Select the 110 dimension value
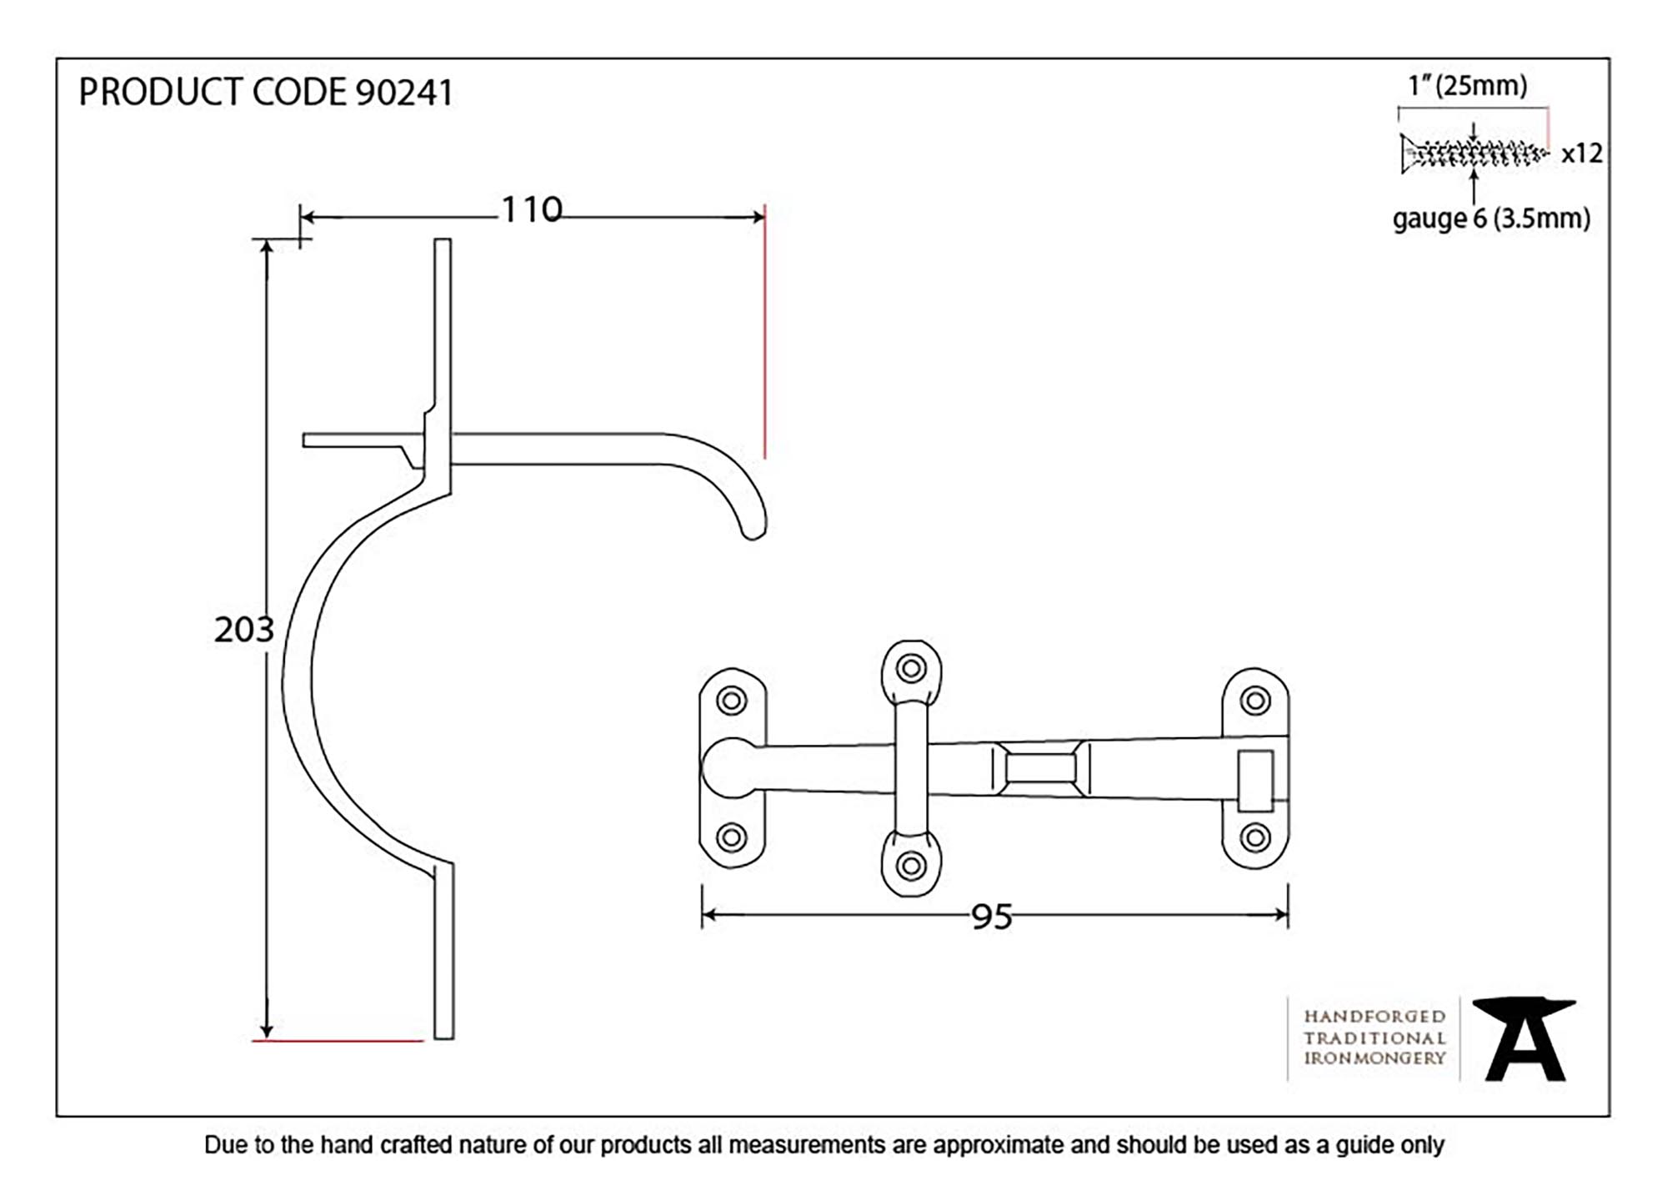pyautogui.click(x=531, y=210)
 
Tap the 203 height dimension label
pyautogui.click(x=243, y=630)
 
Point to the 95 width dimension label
pyautogui.click(x=991, y=917)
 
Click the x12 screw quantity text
pyautogui.click(x=1581, y=153)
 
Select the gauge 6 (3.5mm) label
pyautogui.click(x=1490, y=219)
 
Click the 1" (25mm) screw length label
pyautogui.click(x=1467, y=85)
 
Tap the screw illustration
pyautogui.click(x=1472, y=153)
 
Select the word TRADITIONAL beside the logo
pyautogui.click(x=1374, y=1038)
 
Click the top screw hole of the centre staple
pyautogui.click(x=911, y=668)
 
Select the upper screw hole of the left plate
pyautogui.click(x=732, y=701)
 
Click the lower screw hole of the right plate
pyautogui.click(x=1255, y=837)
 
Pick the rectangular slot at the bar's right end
pyautogui.click(x=1255, y=781)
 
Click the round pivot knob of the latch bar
pyautogui.click(x=725, y=767)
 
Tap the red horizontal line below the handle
pyautogui.click(x=338, y=1041)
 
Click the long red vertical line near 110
pyautogui.click(x=764, y=334)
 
